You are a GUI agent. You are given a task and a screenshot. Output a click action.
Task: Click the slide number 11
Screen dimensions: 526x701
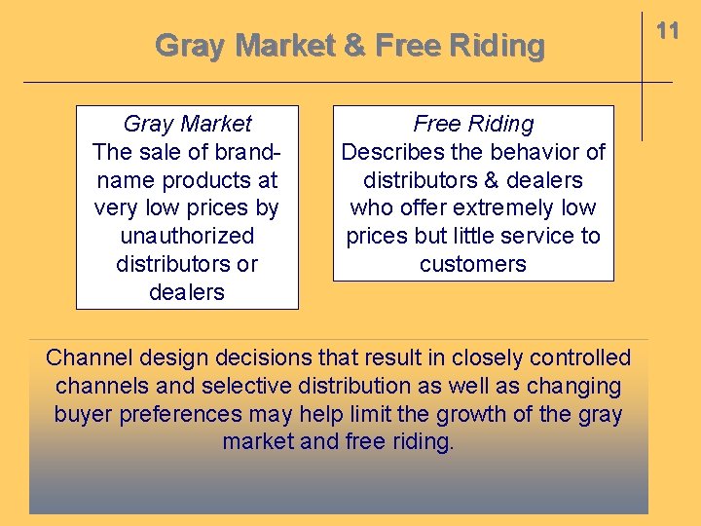click(667, 31)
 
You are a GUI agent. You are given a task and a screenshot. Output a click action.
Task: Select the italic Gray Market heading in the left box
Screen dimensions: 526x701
click(187, 124)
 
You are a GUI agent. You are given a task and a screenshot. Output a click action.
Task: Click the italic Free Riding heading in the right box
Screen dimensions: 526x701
click(473, 124)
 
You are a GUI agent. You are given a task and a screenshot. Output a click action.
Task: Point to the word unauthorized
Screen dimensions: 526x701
click(187, 236)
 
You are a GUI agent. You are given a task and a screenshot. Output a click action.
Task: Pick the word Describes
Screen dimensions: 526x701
click(384, 152)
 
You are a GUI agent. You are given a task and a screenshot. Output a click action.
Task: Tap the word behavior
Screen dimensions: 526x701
click(534, 152)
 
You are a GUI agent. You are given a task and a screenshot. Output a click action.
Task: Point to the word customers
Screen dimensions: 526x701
click(473, 264)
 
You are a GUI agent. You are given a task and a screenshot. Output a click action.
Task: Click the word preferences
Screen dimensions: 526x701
click(180, 414)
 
